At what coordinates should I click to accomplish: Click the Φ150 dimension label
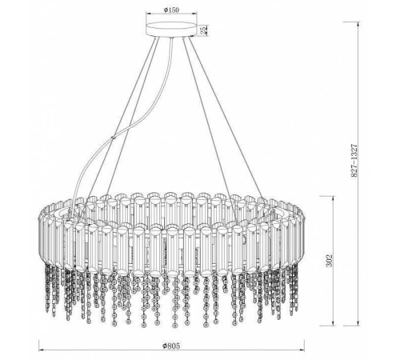click(x=171, y=10)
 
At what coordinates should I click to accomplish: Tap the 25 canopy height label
click(x=203, y=30)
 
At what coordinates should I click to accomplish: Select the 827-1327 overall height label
click(x=354, y=161)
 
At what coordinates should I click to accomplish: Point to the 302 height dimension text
click(x=330, y=260)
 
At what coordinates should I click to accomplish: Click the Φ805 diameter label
click(x=171, y=346)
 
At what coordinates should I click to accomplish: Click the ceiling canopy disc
click(x=171, y=30)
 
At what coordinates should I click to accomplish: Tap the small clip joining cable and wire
click(x=114, y=138)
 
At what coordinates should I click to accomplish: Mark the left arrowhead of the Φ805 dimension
click(x=42, y=350)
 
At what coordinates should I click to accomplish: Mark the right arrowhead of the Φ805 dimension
click(x=302, y=350)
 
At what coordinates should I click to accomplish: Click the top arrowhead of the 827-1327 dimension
click(x=358, y=24)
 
